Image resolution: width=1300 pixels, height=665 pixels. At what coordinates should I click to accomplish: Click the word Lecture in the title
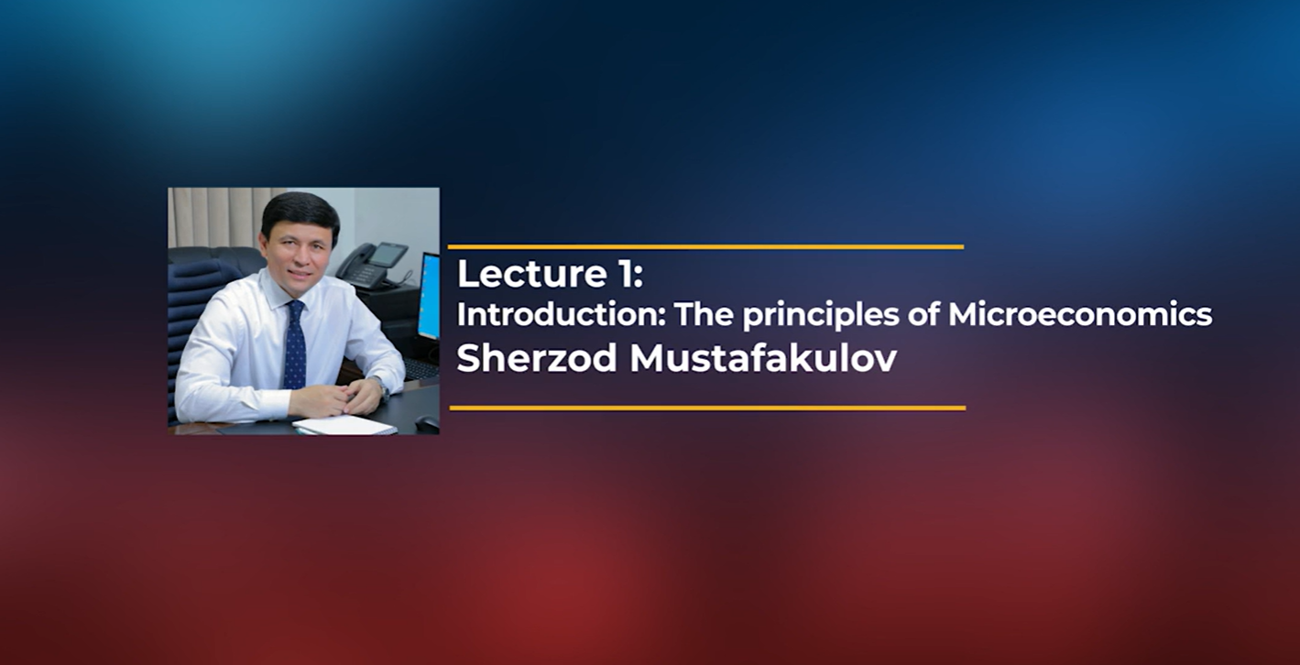point(531,274)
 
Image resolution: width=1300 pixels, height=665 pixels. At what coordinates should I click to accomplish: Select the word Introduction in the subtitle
point(561,315)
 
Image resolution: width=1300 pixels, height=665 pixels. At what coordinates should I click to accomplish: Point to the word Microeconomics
point(1080,315)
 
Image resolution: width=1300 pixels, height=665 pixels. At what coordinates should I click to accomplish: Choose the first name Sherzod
point(537,358)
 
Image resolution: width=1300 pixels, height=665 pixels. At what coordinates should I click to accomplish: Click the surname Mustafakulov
point(763,358)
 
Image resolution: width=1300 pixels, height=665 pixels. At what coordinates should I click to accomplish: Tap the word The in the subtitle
point(704,315)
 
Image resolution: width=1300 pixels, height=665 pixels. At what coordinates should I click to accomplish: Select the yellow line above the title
point(705,247)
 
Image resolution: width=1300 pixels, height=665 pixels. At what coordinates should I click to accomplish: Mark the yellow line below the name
point(707,409)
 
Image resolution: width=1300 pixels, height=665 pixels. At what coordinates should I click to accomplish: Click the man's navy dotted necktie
point(295,344)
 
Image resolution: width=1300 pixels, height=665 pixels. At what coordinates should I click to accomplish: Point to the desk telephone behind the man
point(371,265)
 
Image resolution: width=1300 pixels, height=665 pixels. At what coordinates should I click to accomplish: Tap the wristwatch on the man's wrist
point(383,388)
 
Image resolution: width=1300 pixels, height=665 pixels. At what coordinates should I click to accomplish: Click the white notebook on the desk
point(344,425)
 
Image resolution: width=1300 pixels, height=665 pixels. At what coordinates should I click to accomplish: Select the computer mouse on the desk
point(427,423)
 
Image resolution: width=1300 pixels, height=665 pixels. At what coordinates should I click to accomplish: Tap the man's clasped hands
point(335,397)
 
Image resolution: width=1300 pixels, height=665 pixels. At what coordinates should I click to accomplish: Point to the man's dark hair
point(300,213)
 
